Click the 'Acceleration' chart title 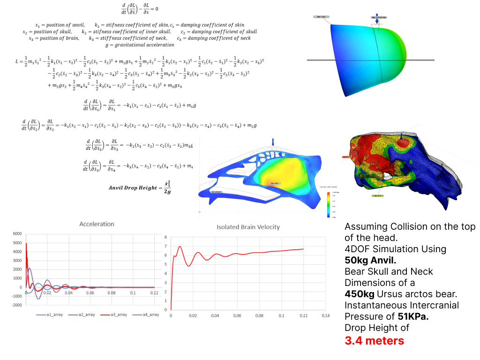pyautogui.click(x=96, y=224)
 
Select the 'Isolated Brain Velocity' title pyautogui.click(x=248, y=227)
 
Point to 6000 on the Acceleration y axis pyautogui.click(x=17, y=233)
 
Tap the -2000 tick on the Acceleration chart pyautogui.click(x=16, y=305)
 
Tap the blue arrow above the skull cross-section pyautogui.click(x=273, y=142)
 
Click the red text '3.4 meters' pyautogui.click(x=374, y=340)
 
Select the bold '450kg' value pyautogui.click(x=360, y=294)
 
